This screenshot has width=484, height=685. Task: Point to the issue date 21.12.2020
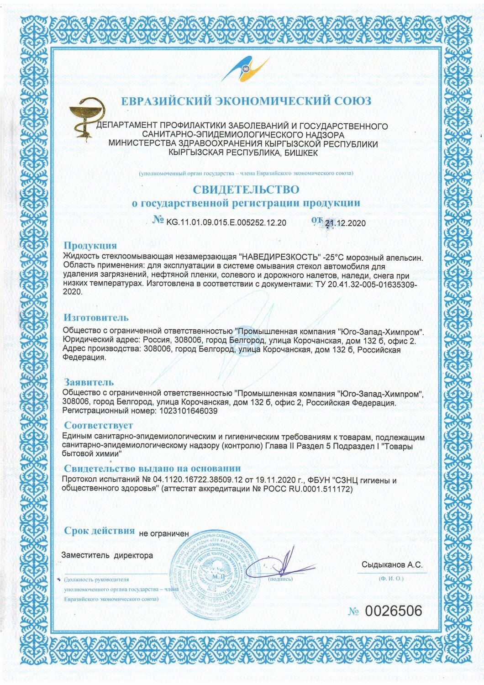click(346, 223)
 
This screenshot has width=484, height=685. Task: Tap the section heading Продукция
click(90, 246)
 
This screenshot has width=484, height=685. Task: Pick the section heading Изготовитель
click(96, 317)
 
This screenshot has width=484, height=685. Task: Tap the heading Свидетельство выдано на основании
click(152, 469)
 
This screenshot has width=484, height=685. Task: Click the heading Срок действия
click(100, 531)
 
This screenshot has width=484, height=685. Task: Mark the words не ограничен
click(163, 532)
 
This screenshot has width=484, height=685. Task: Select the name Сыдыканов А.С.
click(391, 565)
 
